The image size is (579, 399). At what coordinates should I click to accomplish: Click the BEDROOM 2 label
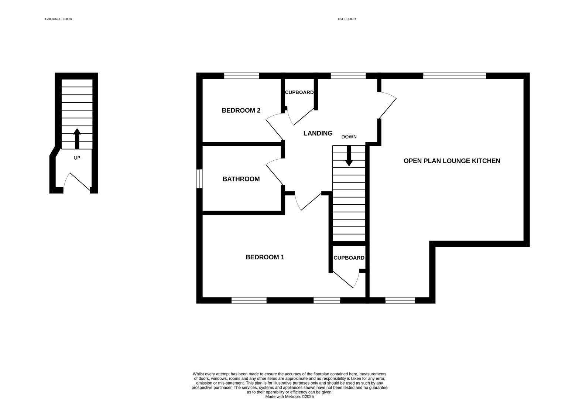point(241,110)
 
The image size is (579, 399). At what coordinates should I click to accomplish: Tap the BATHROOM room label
point(241,179)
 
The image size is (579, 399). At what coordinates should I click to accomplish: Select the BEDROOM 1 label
point(265,257)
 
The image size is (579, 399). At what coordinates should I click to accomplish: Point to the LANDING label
point(318,133)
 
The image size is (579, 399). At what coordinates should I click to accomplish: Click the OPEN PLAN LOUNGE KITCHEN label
point(452,161)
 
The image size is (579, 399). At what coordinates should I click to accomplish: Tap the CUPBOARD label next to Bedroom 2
point(299,92)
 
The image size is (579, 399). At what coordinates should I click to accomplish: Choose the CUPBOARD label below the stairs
point(349,258)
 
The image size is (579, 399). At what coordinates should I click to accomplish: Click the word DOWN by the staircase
point(349,137)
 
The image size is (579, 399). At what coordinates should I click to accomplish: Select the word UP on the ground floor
point(77,158)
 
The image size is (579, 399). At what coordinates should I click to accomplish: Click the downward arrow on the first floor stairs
point(349,157)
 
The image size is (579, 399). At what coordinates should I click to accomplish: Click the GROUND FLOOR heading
point(58,19)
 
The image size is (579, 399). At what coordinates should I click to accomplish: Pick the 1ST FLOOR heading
point(346,19)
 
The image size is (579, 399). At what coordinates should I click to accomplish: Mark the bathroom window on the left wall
point(199,179)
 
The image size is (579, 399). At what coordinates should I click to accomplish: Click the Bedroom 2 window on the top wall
point(241,76)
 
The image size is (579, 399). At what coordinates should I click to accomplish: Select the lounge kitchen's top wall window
point(454,76)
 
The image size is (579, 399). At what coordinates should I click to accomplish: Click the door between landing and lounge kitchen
point(387,106)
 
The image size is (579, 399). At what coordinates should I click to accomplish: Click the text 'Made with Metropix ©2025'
point(289,397)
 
